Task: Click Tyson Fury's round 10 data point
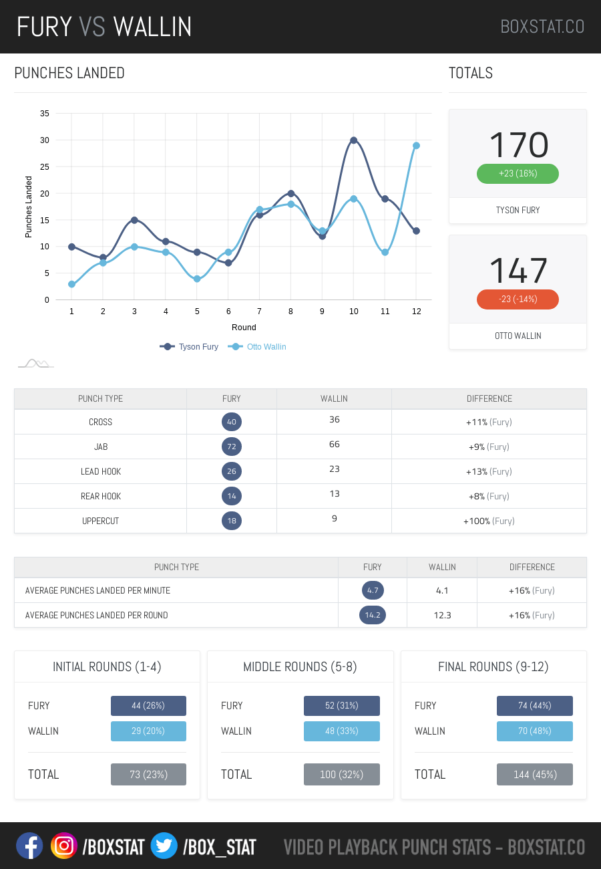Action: pyautogui.click(x=353, y=140)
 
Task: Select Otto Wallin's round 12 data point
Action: pyautogui.click(x=416, y=146)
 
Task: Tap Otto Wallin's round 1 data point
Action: pyautogui.click(x=71, y=284)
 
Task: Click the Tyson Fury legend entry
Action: pyautogui.click(x=190, y=347)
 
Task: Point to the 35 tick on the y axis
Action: pyautogui.click(x=45, y=114)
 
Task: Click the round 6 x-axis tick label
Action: pyautogui.click(x=228, y=312)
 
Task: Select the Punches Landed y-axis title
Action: pyautogui.click(x=29, y=207)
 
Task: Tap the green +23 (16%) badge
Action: pyautogui.click(x=518, y=174)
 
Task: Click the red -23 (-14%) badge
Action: pyautogui.click(x=518, y=299)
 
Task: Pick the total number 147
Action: pyautogui.click(x=518, y=271)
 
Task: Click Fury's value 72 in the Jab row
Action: pyautogui.click(x=232, y=447)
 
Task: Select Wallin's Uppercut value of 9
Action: pyautogui.click(x=334, y=519)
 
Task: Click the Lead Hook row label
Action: pyautogui.click(x=100, y=471)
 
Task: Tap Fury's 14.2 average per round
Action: pyautogui.click(x=373, y=615)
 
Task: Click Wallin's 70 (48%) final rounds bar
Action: pyautogui.click(x=534, y=731)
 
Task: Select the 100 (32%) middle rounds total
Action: pyautogui.click(x=341, y=775)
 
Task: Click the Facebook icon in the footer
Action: pyautogui.click(x=29, y=846)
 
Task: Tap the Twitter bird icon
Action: pyautogui.click(x=164, y=846)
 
